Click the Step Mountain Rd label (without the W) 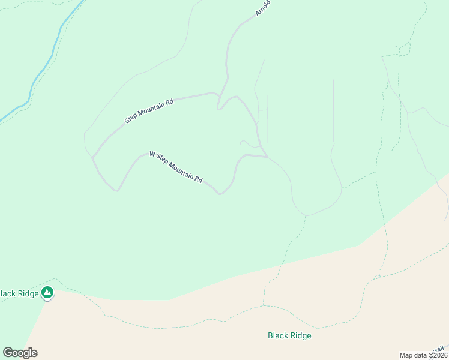click(149, 111)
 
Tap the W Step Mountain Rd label click(176, 167)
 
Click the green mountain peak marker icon click(47, 293)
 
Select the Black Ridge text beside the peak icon click(20, 293)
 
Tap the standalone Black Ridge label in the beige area click(289, 336)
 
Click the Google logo click(20, 353)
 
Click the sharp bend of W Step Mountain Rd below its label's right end click(220, 193)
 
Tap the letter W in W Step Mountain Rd click(152, 155)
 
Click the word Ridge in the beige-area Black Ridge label click(301, 336)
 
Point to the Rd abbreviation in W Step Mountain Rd click(199, 179)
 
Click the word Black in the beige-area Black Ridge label click(278, 336)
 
